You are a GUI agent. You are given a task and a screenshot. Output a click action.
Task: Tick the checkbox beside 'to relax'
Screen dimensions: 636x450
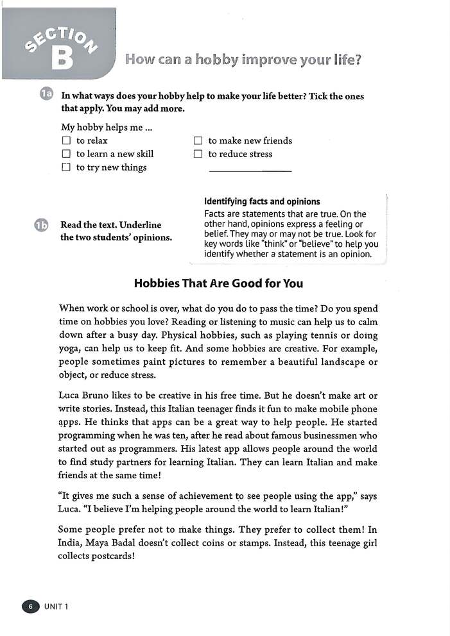point(65,140)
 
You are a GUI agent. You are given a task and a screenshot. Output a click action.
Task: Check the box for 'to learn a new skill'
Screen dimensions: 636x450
point(65,154)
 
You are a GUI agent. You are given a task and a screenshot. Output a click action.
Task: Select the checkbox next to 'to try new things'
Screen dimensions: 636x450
point(65,167)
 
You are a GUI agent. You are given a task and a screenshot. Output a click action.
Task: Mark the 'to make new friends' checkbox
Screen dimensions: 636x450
point(198,140)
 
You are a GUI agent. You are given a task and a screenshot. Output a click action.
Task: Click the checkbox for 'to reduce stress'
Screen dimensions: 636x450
point(198,154)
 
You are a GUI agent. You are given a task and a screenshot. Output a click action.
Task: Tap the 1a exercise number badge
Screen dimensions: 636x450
point(46,96)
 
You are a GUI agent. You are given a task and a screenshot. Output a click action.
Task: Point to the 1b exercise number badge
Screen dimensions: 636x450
point(40,225)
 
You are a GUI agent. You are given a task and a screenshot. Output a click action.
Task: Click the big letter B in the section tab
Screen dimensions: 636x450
point(62,57)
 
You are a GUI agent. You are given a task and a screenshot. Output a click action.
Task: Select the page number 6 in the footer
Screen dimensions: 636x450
point(30,607)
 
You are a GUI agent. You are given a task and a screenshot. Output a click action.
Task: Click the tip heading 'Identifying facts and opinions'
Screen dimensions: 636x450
point(261,201)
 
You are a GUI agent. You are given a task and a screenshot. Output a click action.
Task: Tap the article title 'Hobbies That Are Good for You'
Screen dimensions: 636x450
point(218,283)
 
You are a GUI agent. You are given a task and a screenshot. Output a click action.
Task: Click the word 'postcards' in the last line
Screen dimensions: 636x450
point(113,556)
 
